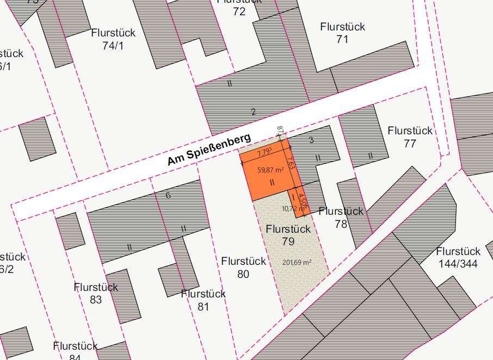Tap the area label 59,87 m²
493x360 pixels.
270,170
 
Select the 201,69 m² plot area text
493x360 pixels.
297,262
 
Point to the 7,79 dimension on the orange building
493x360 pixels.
264,151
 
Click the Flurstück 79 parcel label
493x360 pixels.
288,234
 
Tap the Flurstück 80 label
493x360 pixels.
243,268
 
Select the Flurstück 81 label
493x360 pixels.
203,300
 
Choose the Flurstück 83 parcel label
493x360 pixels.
96,292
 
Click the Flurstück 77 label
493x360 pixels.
410,137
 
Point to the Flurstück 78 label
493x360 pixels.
341,217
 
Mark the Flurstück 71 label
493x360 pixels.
342,33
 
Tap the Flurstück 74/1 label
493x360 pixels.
113,39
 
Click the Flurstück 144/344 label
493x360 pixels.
458,258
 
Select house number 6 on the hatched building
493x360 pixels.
168,195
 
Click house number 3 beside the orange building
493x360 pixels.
311,140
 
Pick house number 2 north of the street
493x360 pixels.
253,113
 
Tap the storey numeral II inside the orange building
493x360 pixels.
272,183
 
